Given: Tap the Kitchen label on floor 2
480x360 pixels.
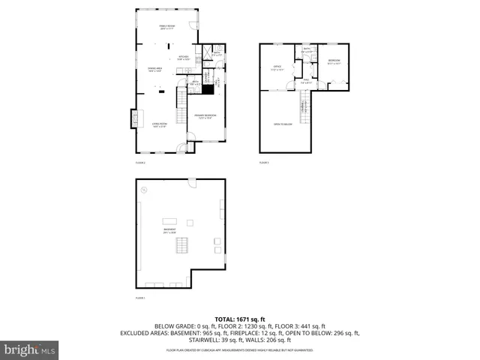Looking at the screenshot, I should click(x=183, y=58).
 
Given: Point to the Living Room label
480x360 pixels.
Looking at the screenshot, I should click(x=159, y=126).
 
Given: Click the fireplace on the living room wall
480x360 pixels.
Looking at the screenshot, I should click(x=134, y=118).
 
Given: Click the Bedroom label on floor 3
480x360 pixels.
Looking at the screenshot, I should click(x=334, y=62).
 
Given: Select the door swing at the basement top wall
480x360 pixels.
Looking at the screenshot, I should click(x=192, y=184).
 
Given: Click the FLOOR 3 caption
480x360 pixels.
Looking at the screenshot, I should click(x=264, y=162).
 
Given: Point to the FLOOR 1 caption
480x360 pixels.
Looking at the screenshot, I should click(x=139, y=298).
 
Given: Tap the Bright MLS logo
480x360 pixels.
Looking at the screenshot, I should click(x=30, y=349).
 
